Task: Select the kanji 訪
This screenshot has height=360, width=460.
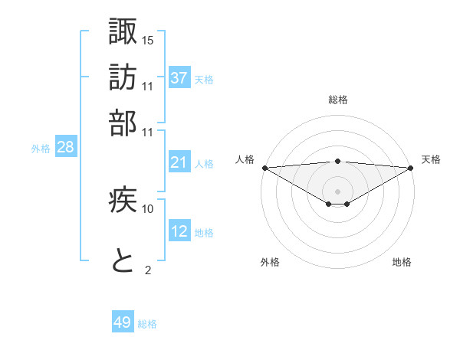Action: [x=123, y=77]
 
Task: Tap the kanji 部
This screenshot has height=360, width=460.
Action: [x=123, y=123]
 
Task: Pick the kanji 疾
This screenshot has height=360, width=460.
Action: [x=123, y=200]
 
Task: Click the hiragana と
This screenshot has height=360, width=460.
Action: [x=123, y=261]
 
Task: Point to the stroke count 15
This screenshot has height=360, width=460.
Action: [x=148, y=40]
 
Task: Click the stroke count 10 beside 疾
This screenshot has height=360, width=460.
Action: [x=148, y=208]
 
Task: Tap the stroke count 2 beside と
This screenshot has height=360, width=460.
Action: [x=148, y=270]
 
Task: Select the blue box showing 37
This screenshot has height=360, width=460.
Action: [x=179, y=77]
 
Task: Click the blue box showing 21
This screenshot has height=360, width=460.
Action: [x=179, y=162]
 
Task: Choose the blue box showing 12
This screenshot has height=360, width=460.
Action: [x=179, y=231]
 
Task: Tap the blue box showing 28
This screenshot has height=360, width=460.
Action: [x=65, y=147]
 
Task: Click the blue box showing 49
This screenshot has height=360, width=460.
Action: [x=123, y=322]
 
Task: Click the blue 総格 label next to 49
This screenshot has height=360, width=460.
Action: [x=148, y=324]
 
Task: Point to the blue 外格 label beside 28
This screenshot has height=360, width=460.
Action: [x=41, y=149]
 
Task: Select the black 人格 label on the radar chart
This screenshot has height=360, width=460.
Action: [x=245, y=159]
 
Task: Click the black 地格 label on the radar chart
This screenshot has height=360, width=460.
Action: [x=402, y=262]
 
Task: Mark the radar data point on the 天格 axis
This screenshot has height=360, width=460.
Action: [x=411, y=168]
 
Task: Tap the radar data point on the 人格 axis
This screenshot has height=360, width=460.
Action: [x=264, y=168]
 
